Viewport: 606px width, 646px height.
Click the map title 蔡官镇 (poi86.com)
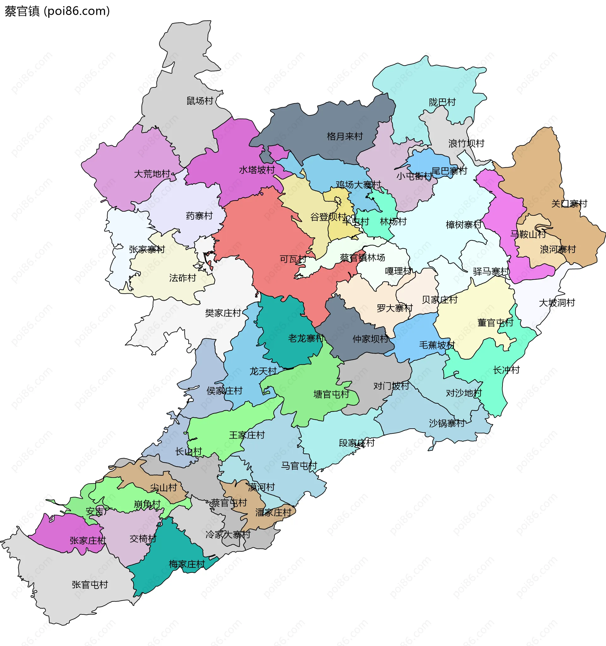tap(57, 11)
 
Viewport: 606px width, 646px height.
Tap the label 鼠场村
tap(199, 101)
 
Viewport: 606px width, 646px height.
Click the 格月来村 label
tap(345, 136)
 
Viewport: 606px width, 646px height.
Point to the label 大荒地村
tap(152, 174)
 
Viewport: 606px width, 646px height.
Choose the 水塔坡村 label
tap(257, 170)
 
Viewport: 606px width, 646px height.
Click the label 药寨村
tap(199, 215)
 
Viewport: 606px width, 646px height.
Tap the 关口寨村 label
tap(569, 203)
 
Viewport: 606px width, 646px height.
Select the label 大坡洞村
tap(556, 302)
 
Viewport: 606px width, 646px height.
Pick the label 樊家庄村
tap(223, 313)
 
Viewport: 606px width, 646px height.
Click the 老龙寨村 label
tap(306, 338)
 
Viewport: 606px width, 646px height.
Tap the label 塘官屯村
tap(331, 394)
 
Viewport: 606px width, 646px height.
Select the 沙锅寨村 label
tap(447, 423)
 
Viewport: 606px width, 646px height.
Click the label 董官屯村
tap(495, 323)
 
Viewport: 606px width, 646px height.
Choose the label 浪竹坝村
tap(466, 143)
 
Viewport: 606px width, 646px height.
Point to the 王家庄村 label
tap(247, 435)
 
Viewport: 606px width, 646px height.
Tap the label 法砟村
tap(182, 278)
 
